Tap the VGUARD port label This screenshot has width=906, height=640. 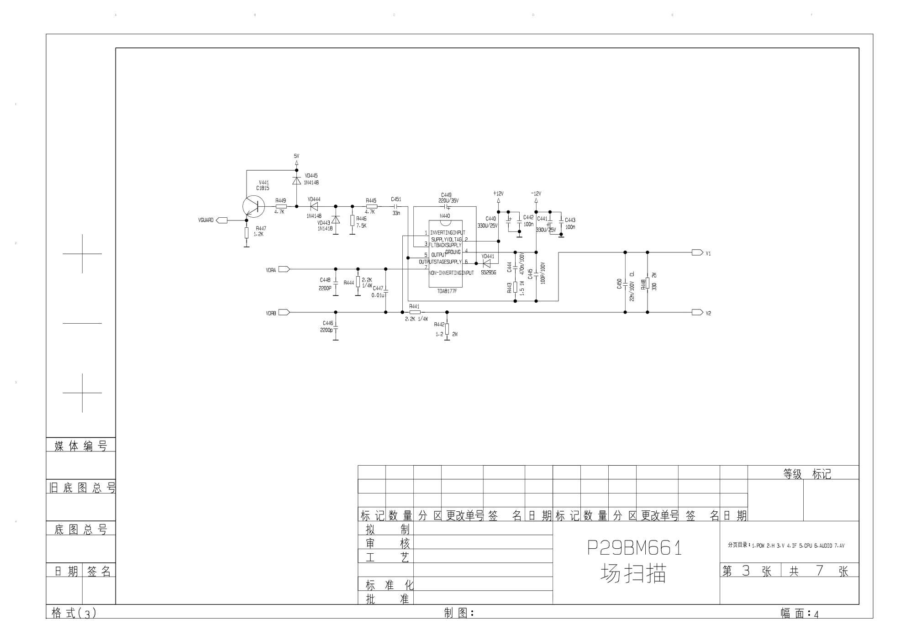point(206,220)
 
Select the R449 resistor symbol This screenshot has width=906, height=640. point(281,206)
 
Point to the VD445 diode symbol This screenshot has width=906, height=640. point(296,180)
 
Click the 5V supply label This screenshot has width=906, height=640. point(296,156)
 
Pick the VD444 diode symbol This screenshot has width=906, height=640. point(314,206)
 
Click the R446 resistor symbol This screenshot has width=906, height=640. point(352,221)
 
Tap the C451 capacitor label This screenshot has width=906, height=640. point(396,199)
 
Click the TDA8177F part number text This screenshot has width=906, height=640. point(447,291)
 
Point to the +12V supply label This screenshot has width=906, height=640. point(498,194)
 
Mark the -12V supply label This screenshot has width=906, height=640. point(536,194)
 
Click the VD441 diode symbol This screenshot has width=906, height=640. point(486,263)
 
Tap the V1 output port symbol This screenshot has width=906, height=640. point(697,252)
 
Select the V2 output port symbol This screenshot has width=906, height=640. point(697,313)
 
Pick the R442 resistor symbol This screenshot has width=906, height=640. point(447,329)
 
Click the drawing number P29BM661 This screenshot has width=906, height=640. point(634,548)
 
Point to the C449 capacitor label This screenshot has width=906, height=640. point(446,195)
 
